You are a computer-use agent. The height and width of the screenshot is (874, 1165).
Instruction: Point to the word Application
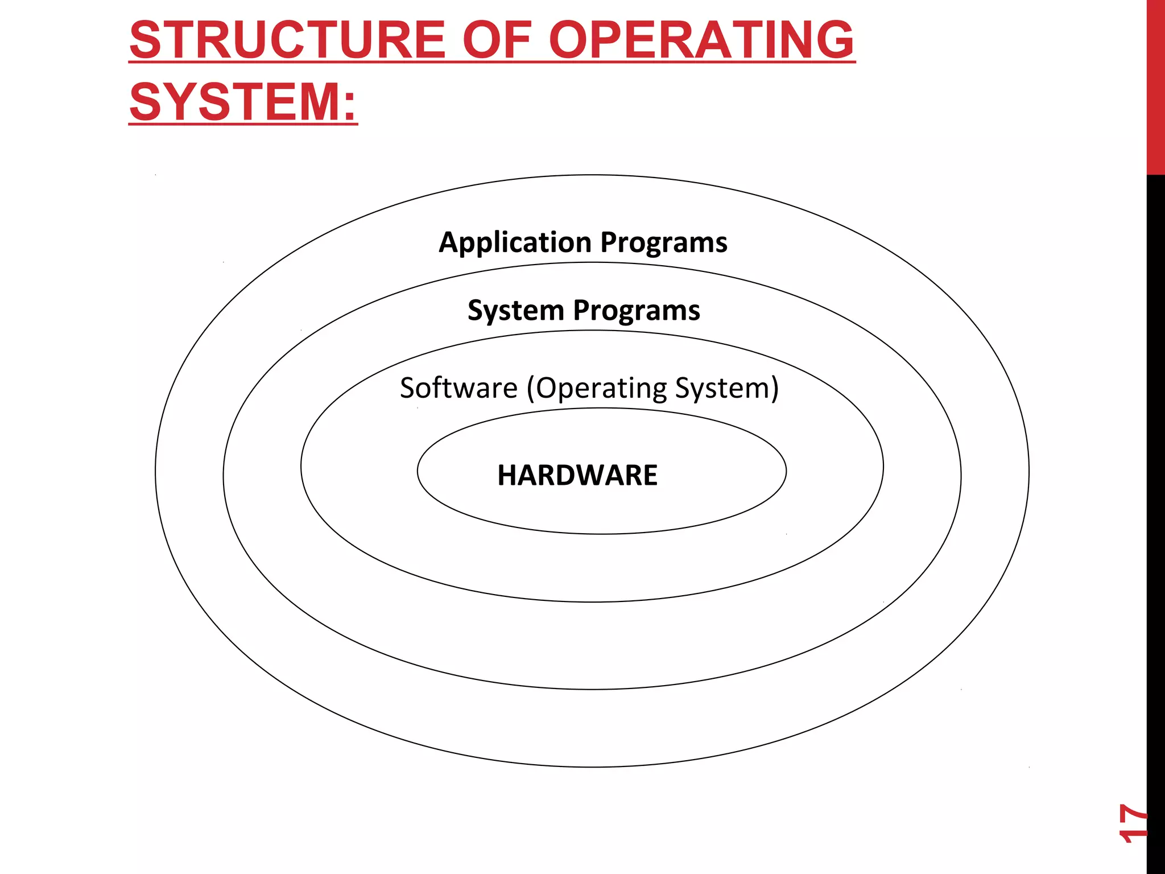[x=515, y=243]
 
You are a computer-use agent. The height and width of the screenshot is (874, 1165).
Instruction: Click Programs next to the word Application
[x=664, y=243]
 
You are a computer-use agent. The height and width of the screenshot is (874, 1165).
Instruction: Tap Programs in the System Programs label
[x=637, y=311]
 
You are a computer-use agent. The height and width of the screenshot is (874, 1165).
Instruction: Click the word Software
[x=458, y=388]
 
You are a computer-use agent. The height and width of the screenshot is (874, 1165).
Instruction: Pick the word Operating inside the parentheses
[x=601, y=389]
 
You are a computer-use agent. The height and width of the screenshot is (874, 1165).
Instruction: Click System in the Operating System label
[x=721, y=389]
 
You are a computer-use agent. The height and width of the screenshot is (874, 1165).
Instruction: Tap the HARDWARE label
[x=577, y=475]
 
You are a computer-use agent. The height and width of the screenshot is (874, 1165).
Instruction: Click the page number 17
[x=1133, y=823]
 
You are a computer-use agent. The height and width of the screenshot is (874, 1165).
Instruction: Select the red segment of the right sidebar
[x=1155, y=85]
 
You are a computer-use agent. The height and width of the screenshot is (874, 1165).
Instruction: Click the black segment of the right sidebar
[x=1155, y=512]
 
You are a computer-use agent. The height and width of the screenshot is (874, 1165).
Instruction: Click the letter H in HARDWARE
[x=506, y=475]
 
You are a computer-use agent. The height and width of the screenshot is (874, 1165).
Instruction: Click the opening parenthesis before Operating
[x=531, y=389]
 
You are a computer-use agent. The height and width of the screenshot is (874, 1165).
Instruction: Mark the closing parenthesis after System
[x=774, y=389]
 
